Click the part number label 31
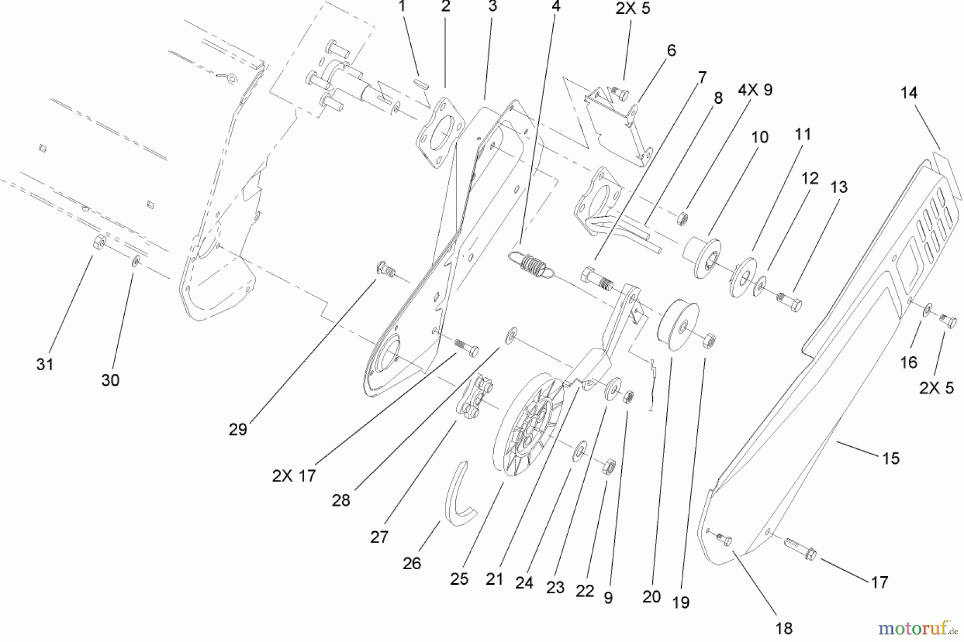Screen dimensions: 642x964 pos(45,364)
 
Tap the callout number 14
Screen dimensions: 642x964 pos(909,93)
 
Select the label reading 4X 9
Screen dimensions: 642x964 pos(755,90)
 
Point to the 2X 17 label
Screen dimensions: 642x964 pos(294,476)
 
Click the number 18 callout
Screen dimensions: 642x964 pos(784,628)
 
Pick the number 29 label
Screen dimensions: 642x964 pos(238,429)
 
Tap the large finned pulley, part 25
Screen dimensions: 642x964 pos(528,425)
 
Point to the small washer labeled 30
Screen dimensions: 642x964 pos(137,261)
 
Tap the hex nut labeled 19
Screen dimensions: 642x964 pos(709,339)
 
